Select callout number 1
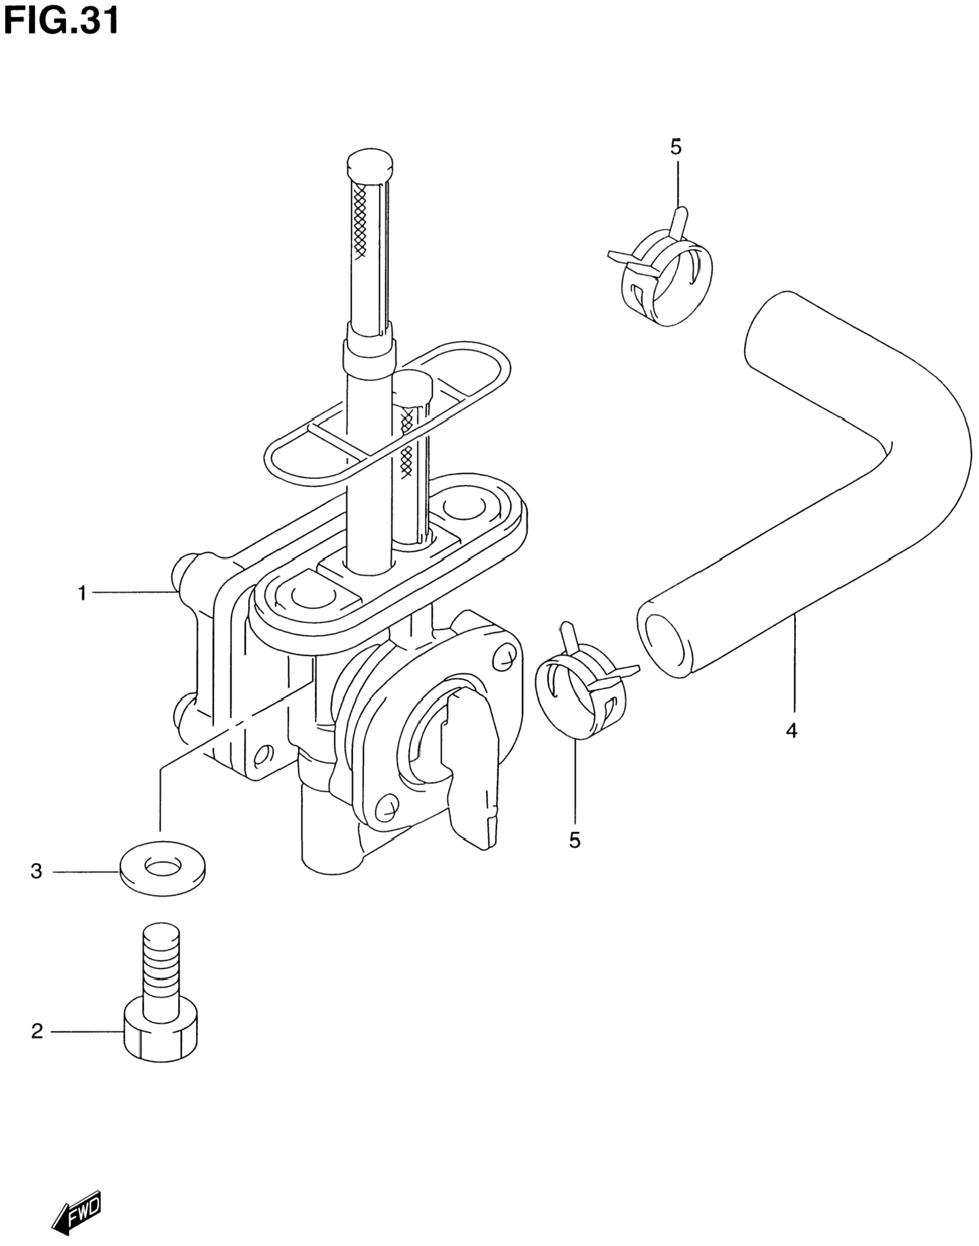(x=82, y=593)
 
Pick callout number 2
(x=37, y=1032)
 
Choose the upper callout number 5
(x=676, y=147)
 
